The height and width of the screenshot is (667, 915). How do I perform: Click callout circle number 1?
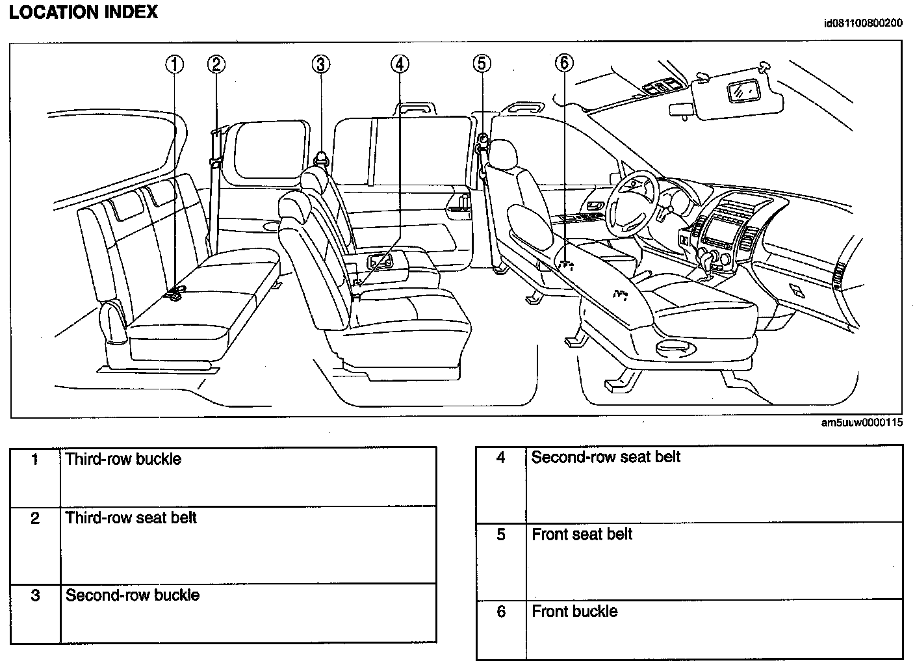pos(174,64)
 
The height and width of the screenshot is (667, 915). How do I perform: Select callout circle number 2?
pos(216,64)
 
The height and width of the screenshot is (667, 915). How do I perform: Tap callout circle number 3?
pos(320,64)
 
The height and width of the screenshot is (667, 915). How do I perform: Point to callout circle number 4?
pos(400,64)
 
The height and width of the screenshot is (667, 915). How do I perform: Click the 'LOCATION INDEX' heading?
pos(83,12)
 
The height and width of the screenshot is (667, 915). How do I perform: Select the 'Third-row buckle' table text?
pos(123,459)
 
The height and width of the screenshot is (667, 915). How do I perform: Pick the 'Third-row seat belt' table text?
pos(131,518)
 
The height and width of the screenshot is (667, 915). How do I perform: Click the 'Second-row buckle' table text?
pos(133,595)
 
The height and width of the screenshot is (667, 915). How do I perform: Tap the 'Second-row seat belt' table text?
pos(606,457)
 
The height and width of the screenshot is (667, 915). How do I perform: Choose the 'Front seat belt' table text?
pos(582,534)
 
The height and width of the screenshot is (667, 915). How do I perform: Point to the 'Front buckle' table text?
pos(574,612)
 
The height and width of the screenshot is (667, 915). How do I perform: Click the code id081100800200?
pos(862,24)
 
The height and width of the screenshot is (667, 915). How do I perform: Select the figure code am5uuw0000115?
pos(862,423)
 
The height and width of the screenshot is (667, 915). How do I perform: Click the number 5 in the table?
pos(500,535)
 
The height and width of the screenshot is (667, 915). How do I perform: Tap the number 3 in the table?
pos(36,595)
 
